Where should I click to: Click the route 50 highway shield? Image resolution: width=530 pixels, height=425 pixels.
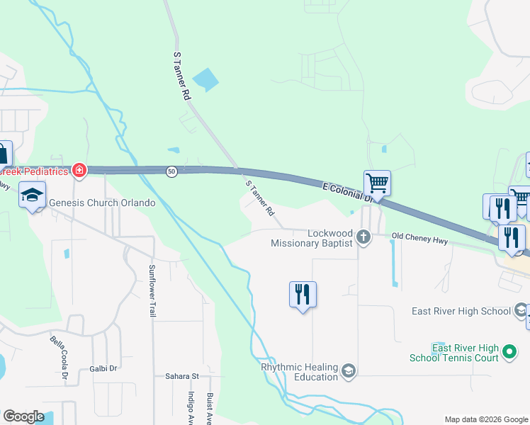click(x=171, y=171)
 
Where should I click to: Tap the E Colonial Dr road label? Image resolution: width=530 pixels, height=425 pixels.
click(x=347, y=193)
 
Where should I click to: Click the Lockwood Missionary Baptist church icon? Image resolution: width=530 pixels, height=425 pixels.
click(x=363, y=237)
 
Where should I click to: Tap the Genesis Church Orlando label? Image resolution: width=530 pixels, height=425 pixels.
click(x=102, y=203)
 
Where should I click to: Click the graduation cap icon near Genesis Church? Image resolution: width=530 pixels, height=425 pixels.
click(x=33, y=195)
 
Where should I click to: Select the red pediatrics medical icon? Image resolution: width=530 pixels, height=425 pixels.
click(x=79, y=171)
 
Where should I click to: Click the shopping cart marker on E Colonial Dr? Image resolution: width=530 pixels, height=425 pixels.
click(x=378, y=183)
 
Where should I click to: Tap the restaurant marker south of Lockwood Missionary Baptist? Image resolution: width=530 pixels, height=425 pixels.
click(x=303, y=293)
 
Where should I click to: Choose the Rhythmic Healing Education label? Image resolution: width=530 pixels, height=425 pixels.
click(x=299, y=372)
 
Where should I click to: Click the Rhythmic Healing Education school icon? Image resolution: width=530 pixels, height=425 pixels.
click(x=348, y=370)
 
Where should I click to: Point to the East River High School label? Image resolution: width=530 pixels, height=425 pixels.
click(x=461, y=311)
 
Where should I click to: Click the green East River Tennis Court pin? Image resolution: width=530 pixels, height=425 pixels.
click(x=509, y=351)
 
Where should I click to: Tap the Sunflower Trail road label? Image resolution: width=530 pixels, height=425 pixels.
click(x=152, y=290)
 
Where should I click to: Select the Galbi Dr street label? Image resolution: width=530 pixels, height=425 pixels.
click(x=103, y=368)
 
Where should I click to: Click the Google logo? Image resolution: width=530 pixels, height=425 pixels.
click(x=24, y=416)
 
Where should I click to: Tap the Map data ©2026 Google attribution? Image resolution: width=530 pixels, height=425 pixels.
click(x=486, y=419)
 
